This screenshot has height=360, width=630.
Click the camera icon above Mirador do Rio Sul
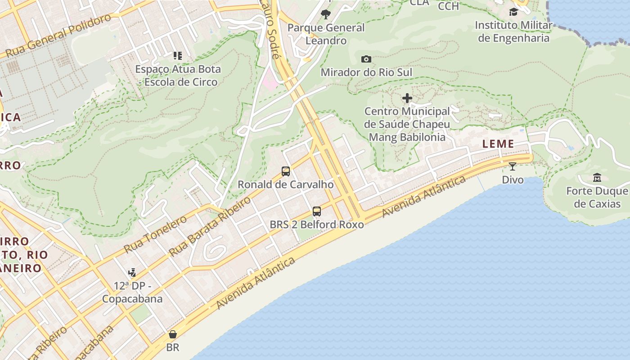tap(366, 59)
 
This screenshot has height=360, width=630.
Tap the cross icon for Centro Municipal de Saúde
tap(407, 98)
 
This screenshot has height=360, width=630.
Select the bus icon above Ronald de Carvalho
tap(286, 171)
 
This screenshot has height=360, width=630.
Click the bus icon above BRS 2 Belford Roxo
tap(317, 211)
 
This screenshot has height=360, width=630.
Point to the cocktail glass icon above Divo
tap(513, 166)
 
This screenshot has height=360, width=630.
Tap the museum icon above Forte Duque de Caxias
tap(597, 177)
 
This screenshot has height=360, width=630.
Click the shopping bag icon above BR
tap(172, 334)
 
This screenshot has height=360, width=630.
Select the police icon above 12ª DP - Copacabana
tap(132, 272)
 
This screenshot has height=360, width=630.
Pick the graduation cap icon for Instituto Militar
tap(513, 12)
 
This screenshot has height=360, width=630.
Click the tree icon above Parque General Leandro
tap(326, 14)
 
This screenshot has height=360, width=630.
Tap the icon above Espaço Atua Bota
tap(178, 56)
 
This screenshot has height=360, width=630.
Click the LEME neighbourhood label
tap(498, 144)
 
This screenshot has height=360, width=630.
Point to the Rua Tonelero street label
tap(155, 234)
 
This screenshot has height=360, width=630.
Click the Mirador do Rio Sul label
tap(366, 72)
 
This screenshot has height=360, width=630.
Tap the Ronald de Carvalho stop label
tap(286, 184)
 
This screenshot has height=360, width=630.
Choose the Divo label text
tap(513, 180)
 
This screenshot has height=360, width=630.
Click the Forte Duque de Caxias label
tap(597, 198)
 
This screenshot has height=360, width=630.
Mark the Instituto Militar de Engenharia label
tap(513, 31)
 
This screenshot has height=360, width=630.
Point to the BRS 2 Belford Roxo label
tap(317, 224)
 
